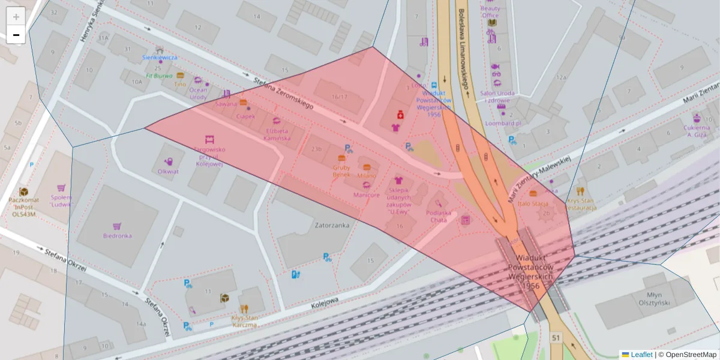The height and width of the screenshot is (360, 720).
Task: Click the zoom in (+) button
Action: (16, 17)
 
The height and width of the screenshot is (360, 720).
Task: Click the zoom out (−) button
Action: (16, 35)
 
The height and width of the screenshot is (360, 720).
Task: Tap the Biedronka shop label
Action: (117, 236)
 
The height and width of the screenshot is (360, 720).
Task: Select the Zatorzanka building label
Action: (332, 226)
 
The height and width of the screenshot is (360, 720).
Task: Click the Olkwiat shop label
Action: (168, 171)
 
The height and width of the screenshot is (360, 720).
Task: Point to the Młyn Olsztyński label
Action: (658, 299)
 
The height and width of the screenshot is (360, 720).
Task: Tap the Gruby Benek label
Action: (341, 172)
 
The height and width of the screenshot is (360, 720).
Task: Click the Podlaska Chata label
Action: (438, 216)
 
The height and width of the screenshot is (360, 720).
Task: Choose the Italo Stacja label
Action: (533, 204)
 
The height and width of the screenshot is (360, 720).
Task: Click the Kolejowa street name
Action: (325, 302)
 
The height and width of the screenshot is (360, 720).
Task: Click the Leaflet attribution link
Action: (641, 355)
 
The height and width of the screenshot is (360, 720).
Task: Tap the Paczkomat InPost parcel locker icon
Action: (24, 191)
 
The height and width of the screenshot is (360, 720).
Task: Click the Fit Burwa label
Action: (159, 76)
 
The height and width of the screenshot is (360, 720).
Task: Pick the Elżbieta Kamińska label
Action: (277, 134)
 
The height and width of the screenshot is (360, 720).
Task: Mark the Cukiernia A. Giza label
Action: (696, 131)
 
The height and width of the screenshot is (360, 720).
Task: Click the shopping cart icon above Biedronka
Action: (117, 226)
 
